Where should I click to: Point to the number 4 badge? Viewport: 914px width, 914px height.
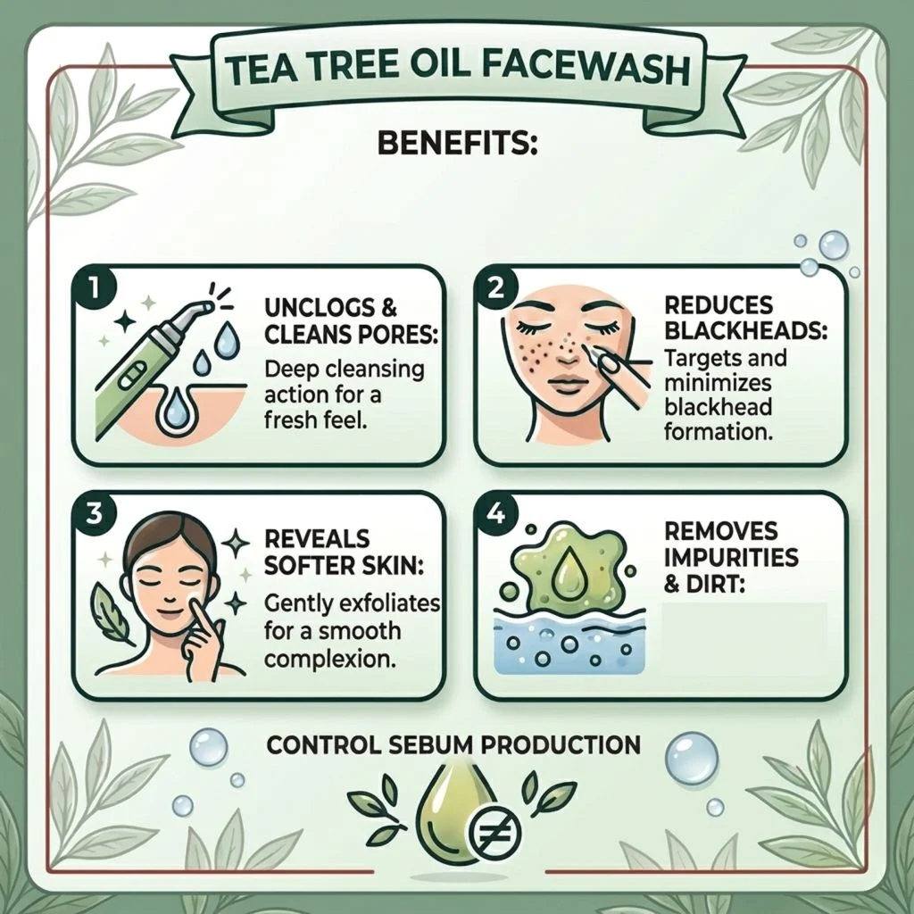pyautogui.click(x=495, y=514)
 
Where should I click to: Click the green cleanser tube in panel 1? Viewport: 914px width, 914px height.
pyautogui.click(x=145, y=361)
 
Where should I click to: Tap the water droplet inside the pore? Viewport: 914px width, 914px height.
pyautogui.click(x=174, y=409)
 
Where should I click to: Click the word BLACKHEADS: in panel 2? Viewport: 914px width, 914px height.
pyautogui.click(x=745, y=330)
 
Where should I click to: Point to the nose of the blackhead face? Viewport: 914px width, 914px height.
pyautogui.click(x=564, y=350)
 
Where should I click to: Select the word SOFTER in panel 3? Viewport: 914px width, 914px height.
pyautogui.click(x=307, y=565)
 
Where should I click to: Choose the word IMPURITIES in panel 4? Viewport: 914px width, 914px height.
pyautogui.click(x=731, y=557)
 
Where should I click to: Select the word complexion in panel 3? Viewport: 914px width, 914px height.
pyautogui.click(x=327, y=658)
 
